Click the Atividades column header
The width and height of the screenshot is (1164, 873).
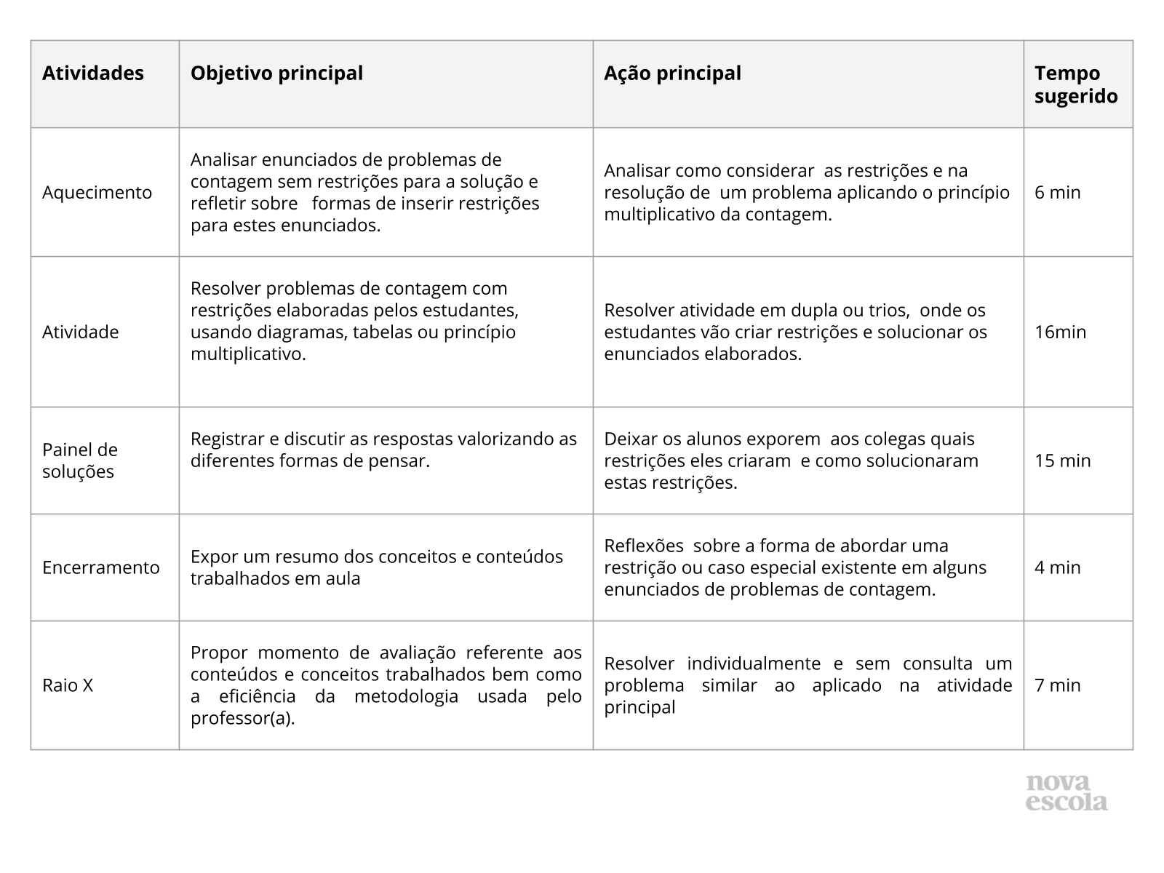coord(93,73)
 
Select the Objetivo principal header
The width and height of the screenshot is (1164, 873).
coord(276,73)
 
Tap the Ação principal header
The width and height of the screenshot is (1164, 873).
coord(672,73)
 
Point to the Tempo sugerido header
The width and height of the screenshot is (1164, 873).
coord(1076,84)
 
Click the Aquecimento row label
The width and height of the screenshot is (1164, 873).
coord(97,193)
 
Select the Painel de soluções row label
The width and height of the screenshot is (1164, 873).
coord(79,461)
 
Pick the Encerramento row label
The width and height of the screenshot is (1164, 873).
coord(100,567)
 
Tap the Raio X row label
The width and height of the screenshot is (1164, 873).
coord(68,685)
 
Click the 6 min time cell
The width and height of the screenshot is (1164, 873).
coord(1058,193)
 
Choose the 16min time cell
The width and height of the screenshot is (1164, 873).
coord(1060,332)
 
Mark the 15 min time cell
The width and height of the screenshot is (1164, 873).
coord(1063,461)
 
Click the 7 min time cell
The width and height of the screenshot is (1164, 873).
coord(1058,685)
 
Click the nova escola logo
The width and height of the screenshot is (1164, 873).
coord(1067,793)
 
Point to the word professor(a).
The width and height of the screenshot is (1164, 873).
coord(243,719)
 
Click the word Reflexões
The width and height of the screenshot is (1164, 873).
coord(644,546)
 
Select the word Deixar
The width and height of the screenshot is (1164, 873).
coord(628,439)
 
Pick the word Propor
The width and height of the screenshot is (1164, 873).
coord(217,653)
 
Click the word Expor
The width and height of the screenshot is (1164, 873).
coord(212,557)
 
